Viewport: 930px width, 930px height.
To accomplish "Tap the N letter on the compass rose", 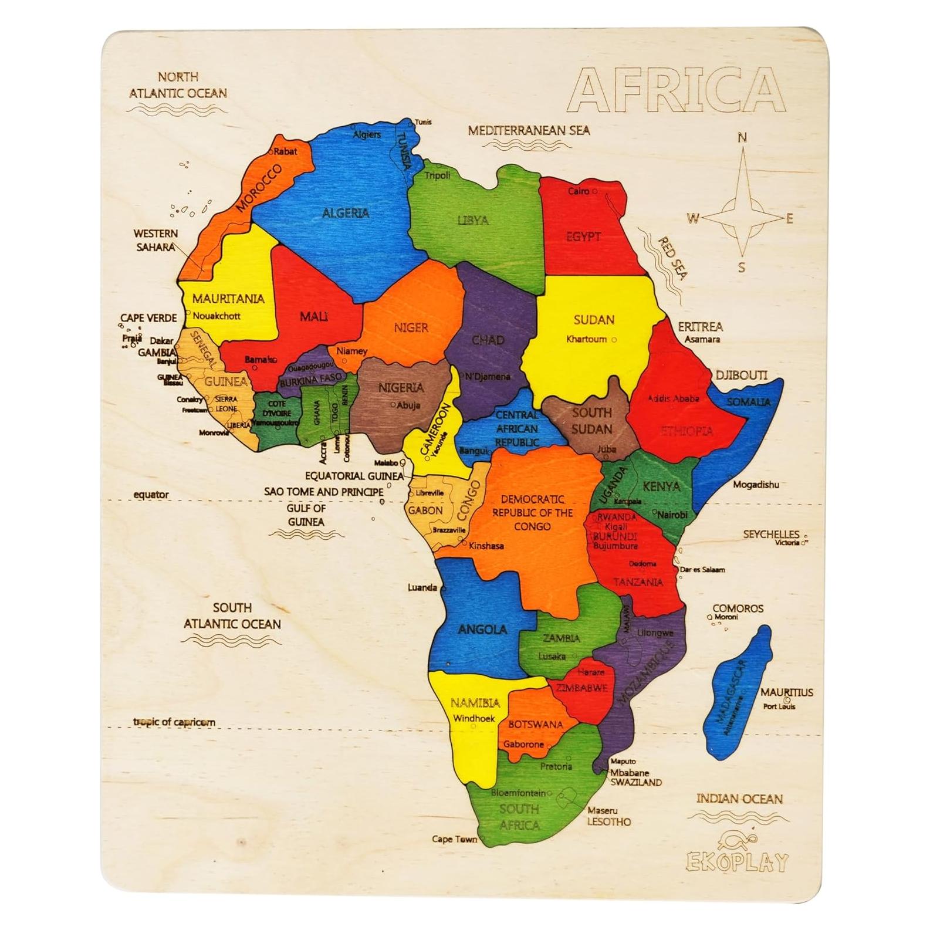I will click(742, 137).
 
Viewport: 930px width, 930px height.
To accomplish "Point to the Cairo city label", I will click(579, 191).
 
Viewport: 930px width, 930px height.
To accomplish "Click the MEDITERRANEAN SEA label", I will click(529, 130).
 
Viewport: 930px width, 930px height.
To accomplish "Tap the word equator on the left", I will click(151, 495).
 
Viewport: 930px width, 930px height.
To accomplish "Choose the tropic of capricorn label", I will click(174, 722).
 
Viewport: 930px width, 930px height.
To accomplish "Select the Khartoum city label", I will click(586, 339).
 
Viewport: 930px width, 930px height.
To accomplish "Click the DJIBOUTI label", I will click(741, 375).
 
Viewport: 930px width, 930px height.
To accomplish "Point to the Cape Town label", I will click(454, 839).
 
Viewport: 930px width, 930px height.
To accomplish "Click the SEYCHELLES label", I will click(771, 534).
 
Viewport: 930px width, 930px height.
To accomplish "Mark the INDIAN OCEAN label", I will click(739, 799).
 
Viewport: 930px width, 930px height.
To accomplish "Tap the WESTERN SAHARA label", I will click(156, 240).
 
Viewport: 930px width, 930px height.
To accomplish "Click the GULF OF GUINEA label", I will click(306, 515).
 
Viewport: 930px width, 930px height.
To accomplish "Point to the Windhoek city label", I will click(474, 719).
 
